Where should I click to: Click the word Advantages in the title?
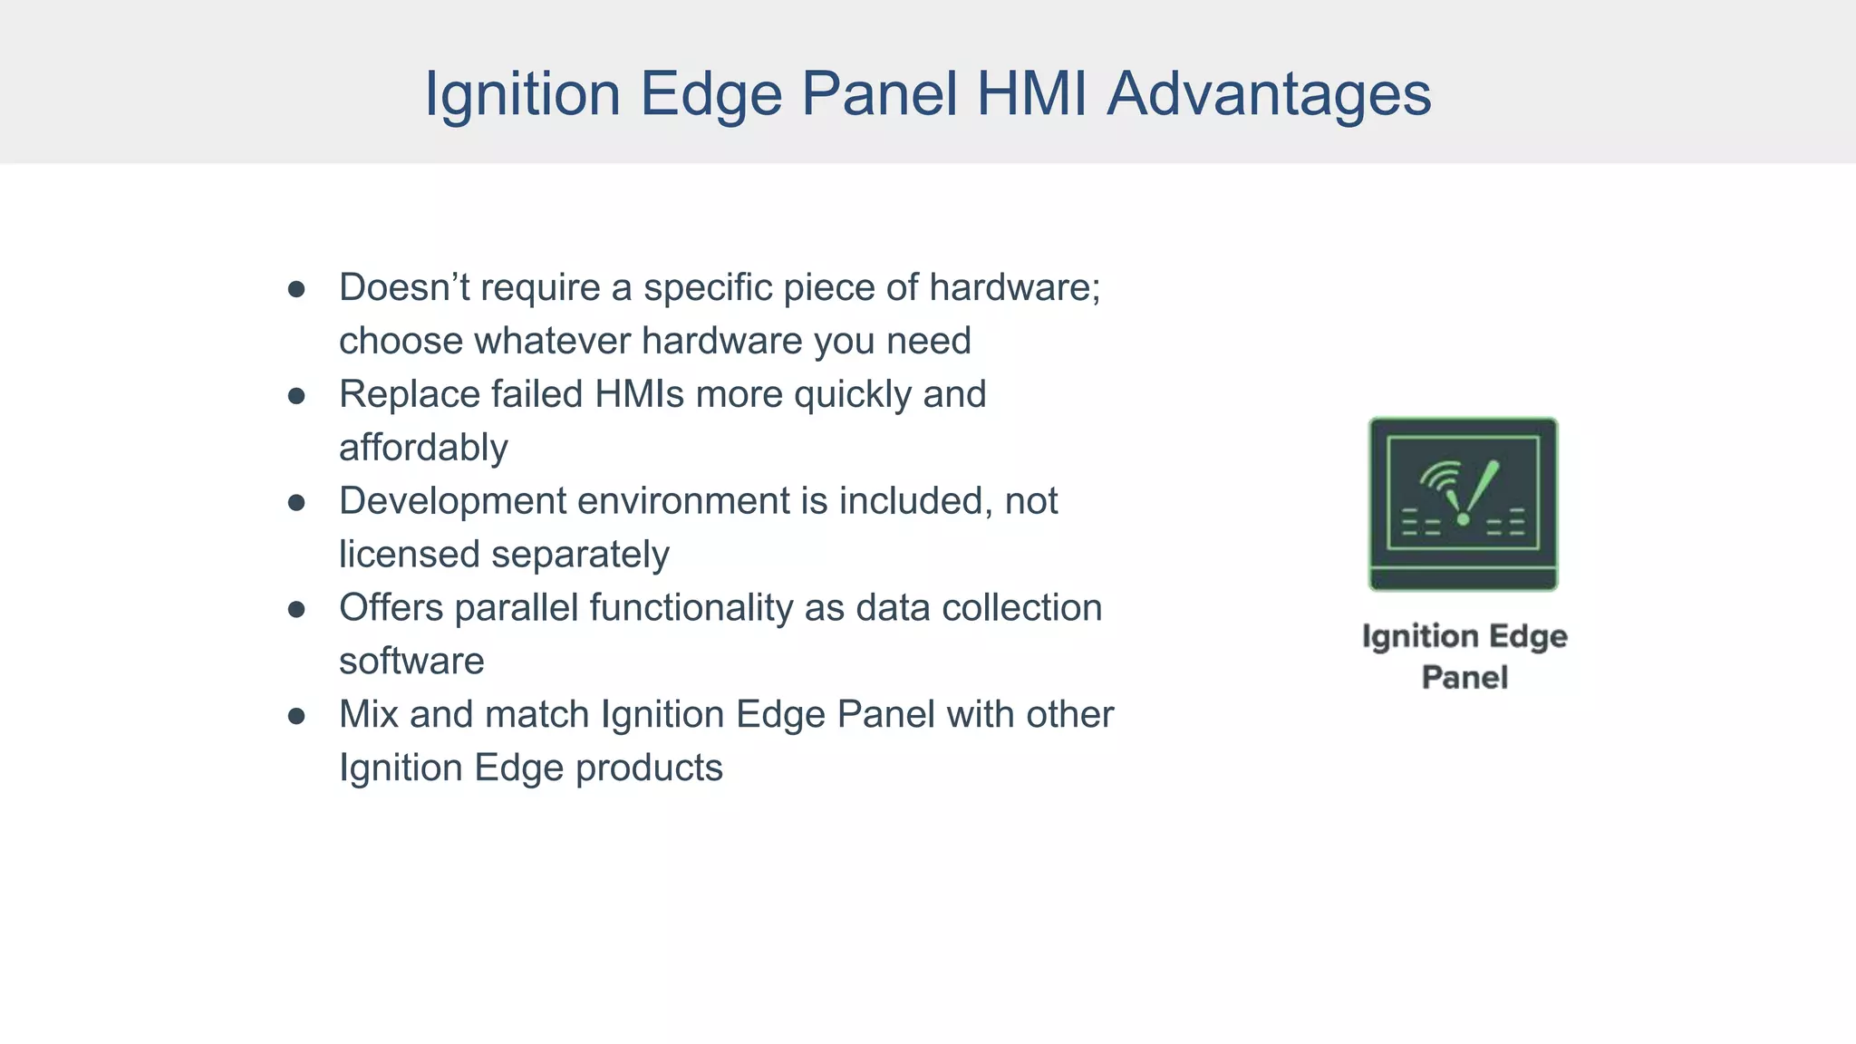point(1269,94)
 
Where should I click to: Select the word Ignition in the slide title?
point(522,94)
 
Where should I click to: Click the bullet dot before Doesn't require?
point(296,289)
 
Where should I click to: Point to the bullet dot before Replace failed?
point(296,396)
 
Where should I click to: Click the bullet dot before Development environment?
point(296,503)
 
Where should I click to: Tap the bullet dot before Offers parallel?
point(296,610)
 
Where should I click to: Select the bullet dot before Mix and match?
point(296,716)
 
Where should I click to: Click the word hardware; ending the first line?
point(1014,288)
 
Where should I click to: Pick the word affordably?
point(423,449)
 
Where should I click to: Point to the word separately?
point(580,555)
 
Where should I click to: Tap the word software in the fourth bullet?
point(411,662)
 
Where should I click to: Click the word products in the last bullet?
point(649,768)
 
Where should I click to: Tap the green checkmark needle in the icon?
point(1479,490)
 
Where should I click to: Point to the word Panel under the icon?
point(1464,678)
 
